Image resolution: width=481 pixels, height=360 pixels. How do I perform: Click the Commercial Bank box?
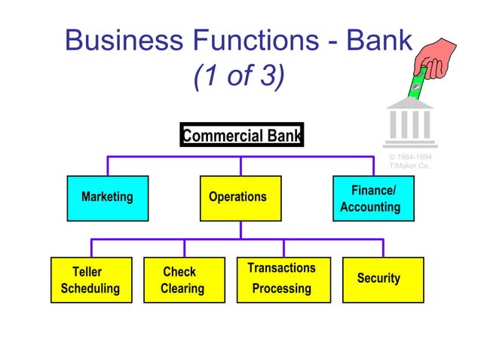tap(241, 136)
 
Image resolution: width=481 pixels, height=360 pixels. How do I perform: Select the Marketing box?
tap(107, 198)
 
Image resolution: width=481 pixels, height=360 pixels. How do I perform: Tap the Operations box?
tap(240, 198)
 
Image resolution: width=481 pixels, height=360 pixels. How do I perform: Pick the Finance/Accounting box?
tap(373, 198)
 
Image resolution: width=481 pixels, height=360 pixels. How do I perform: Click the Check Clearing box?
tap(184, 280)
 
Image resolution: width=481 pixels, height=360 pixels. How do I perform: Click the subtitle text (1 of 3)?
tap(238, 76)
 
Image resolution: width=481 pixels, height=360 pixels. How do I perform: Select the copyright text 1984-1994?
tap(410, 157)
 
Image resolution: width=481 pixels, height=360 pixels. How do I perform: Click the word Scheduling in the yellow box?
tap(90, 288)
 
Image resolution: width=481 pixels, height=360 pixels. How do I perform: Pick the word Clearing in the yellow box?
tap(182, 288)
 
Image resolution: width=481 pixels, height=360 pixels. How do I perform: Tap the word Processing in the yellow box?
tap(281, 288)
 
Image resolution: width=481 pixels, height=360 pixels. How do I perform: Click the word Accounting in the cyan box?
tap(370, 207)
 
